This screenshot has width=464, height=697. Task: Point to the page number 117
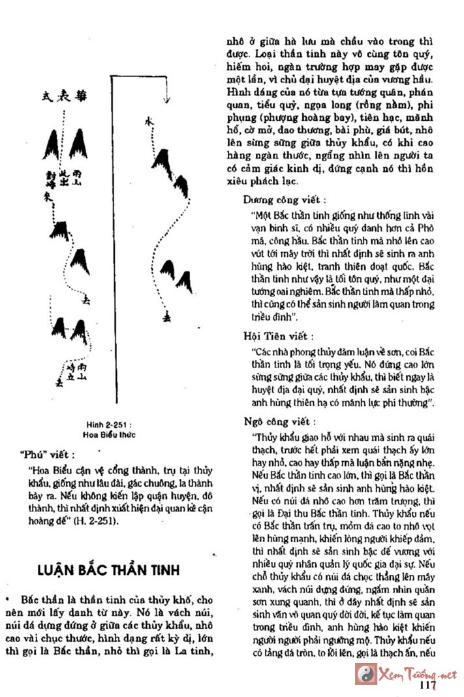428,685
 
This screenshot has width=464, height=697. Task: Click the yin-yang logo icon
365,673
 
